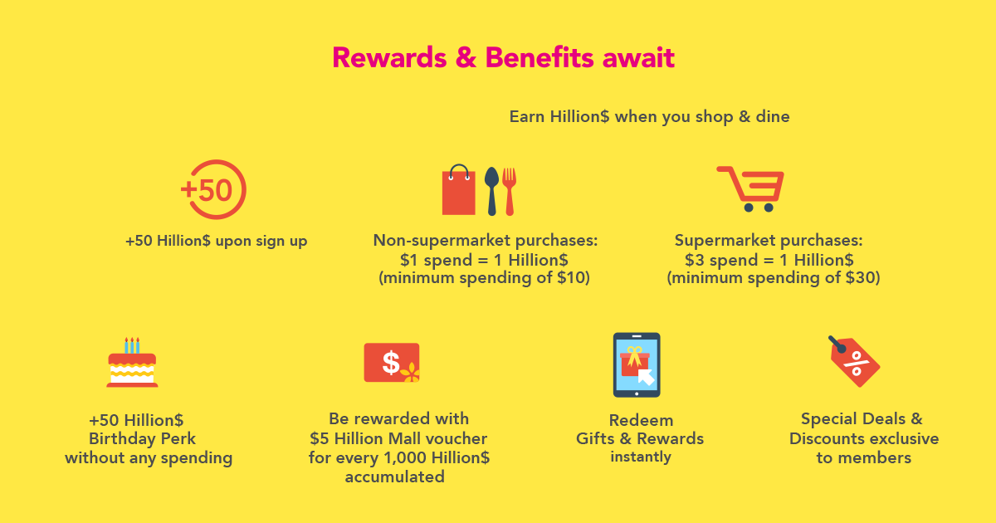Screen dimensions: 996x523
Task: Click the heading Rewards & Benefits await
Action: pyautogui.click(x=503, y=58)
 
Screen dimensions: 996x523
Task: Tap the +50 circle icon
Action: pyautogui.click(x=213, y=189)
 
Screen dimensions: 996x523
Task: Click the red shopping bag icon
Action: pyautogui.click(x=458, y=190)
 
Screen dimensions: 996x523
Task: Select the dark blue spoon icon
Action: pyautogui.click(x=491, y=191)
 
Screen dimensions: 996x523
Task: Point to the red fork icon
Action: pyautogui.click(x=510, y=191)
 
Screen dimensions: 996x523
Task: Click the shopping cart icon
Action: pyautogui.click(x=750, y=189)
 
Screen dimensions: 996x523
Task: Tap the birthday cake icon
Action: pyautogui.click(x=132, y=363)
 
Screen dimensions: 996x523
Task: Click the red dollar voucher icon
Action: pyautogui.click(x=392, y=363)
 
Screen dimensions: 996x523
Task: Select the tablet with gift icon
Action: pyautogui.click(x=637, y=364)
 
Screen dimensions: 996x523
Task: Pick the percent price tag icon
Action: pyautogui.click(x=855, y=362)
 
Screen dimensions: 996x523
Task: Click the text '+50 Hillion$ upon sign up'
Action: pyautogui.click(x=216, y=241)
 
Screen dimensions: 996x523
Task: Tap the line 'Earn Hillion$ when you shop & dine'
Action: pyautogui.click(x=649, y=116)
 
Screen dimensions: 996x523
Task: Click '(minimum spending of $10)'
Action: pyautogui.click(x=484, y=278)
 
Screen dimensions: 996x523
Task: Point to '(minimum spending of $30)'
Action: pyautogui.click(x=774, y=278)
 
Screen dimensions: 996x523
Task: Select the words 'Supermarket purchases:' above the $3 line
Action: pyautogui.click(x=769, y=240)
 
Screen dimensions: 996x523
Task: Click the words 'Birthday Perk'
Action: pyautogui.click(x=142, y=438)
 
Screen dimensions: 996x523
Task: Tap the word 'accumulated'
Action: pyautogui.click(x=395, y=477)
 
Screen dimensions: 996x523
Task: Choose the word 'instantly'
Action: pyautogui.click(x=641, y=457)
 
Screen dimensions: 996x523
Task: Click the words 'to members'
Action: pyautogui.click(x=864, y=457)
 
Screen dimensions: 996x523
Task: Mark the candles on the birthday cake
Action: pyautogui.click(x=132, y=345)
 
